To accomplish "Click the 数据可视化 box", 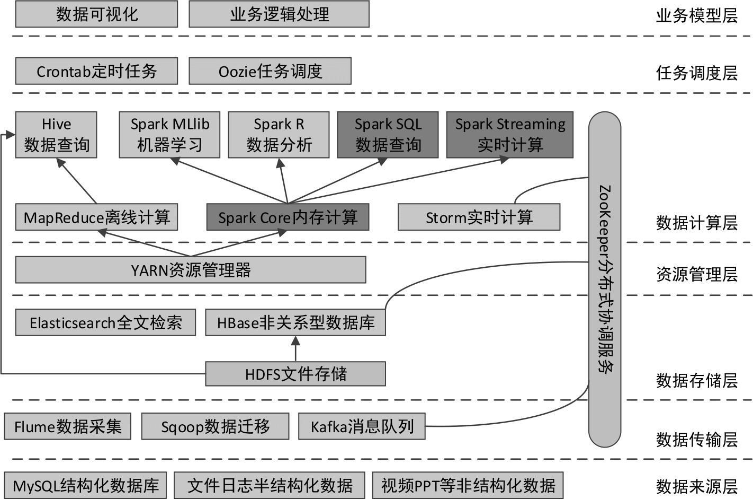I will click(96, 14).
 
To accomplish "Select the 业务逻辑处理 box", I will click(279, 14).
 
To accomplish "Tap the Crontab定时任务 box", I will click(96, 71).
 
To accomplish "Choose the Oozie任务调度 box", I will click(270, 71).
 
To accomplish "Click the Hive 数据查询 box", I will click(56, 135).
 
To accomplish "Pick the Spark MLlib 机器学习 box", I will click(169, 135).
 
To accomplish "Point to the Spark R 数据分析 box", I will click(279, 135).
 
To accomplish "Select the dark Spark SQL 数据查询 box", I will click(388, 135).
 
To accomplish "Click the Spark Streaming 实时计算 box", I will click(510, 135).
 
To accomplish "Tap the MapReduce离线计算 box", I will click(96, 217).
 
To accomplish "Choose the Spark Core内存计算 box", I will click(288, 217).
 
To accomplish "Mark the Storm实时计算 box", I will click(479, 217).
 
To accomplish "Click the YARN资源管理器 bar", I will click(191, 270).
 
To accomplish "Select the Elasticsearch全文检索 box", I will click(105, 322).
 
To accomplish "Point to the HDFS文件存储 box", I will click(295, 374).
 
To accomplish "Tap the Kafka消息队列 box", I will click(362, 426).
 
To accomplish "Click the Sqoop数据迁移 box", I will click(215, 426).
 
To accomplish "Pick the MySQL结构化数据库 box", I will click(85, 485).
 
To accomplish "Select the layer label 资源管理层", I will click(696, 274).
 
